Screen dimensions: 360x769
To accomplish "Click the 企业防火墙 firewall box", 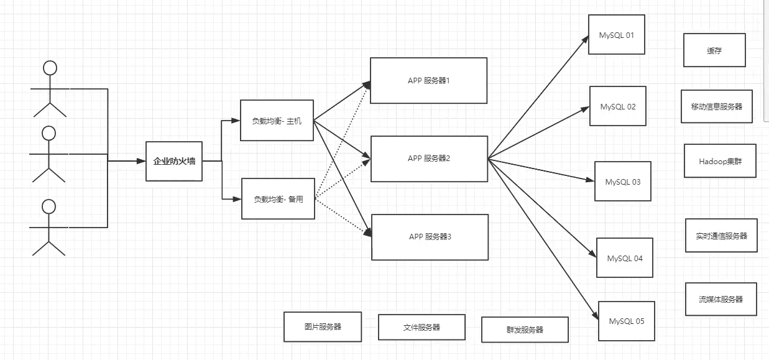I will [x=174, y=161].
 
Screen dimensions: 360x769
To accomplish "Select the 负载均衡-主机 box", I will [x=277, y=121].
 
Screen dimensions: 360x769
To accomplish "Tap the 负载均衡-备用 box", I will [x=278, y=199].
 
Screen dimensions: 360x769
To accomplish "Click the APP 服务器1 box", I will [x=428, y=80].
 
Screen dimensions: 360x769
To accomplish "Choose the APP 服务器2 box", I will [x=429, y=159].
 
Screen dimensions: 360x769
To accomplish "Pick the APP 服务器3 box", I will [x=430, y=237].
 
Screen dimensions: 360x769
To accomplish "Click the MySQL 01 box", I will [x=616, y=35].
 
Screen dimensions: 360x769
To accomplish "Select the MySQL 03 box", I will [x=622, y=182].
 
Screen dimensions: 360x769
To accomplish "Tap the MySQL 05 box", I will [x=626, y=321].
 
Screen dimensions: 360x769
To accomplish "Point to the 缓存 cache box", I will [x=714, y=50].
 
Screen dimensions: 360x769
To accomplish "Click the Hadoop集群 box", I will [x=720, y=160].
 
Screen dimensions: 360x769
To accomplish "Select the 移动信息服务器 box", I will [x=716, y=106].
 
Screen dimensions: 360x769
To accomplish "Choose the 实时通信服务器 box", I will [x=721, y=236].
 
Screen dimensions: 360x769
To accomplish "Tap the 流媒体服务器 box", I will [x=721, y=299].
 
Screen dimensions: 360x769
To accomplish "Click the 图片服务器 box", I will [x=322, y=327].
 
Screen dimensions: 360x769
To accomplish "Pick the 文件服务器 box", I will [x=421, y=327].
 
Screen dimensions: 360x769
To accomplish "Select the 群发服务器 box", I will [x=525, y=330].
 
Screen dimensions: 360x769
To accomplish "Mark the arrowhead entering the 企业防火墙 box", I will [x=142, y=161].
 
